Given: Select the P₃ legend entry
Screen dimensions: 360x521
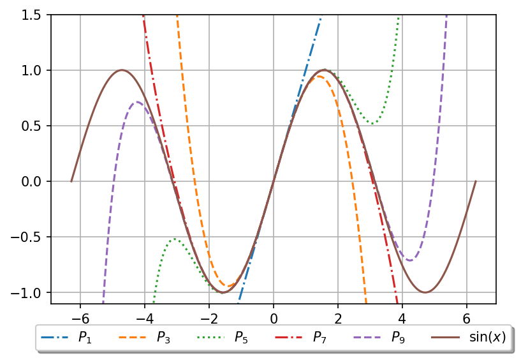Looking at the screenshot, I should pos(145,338).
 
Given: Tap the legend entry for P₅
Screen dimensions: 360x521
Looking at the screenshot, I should pos(223,338).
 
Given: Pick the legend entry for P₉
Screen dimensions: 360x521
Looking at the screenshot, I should pos(380,338).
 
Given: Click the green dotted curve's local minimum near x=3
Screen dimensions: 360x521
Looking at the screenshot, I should pos(373,123).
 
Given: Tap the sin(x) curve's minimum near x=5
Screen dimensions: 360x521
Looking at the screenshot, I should pos(425,292).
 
